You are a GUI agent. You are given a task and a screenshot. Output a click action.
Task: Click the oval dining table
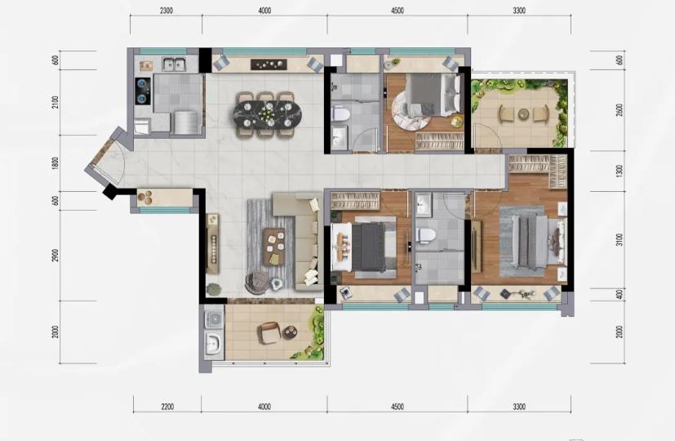pyautogui.click(x=268, y=114)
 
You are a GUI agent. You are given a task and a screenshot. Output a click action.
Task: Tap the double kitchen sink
pyautogui.click(x=175, y=65)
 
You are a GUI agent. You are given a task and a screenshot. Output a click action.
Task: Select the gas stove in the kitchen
pyautogui.click(x=143, y=91)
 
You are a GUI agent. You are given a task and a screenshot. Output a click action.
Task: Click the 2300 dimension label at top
pyautogui.click(x=167, y=11)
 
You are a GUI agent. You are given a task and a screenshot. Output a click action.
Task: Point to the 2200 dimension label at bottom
pyautogui.click(x=167, y=407)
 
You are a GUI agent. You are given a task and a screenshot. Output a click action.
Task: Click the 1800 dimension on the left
pyautogui.click(x=55, y=163)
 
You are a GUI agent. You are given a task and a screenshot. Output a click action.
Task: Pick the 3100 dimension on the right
pyautogui.click(x=619, y=240)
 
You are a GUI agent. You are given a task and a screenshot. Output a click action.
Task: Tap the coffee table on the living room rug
pyautogui.click(x=274, y=247)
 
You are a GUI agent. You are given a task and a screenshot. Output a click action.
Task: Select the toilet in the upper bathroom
pyautogui.click(x=341, y=114)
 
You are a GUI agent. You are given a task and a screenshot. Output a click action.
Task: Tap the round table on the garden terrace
pyautogui.click(x=523, y=114)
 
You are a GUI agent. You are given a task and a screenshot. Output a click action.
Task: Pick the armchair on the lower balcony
pyautogui.click(x=269, y=333)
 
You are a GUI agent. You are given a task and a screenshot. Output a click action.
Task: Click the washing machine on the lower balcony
pyautogui.click(x=214, y=318)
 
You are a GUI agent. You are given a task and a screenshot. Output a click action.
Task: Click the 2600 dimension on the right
pyautogui.click(x=619, y=111)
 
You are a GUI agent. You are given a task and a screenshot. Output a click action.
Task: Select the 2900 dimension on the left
pyautogui.click(x=55, y=256)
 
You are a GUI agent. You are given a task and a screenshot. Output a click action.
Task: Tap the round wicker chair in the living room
pyautogui.click(x=256, y=283)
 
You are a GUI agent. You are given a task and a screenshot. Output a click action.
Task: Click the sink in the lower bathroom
pyautogui.click(x=424, y=204)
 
